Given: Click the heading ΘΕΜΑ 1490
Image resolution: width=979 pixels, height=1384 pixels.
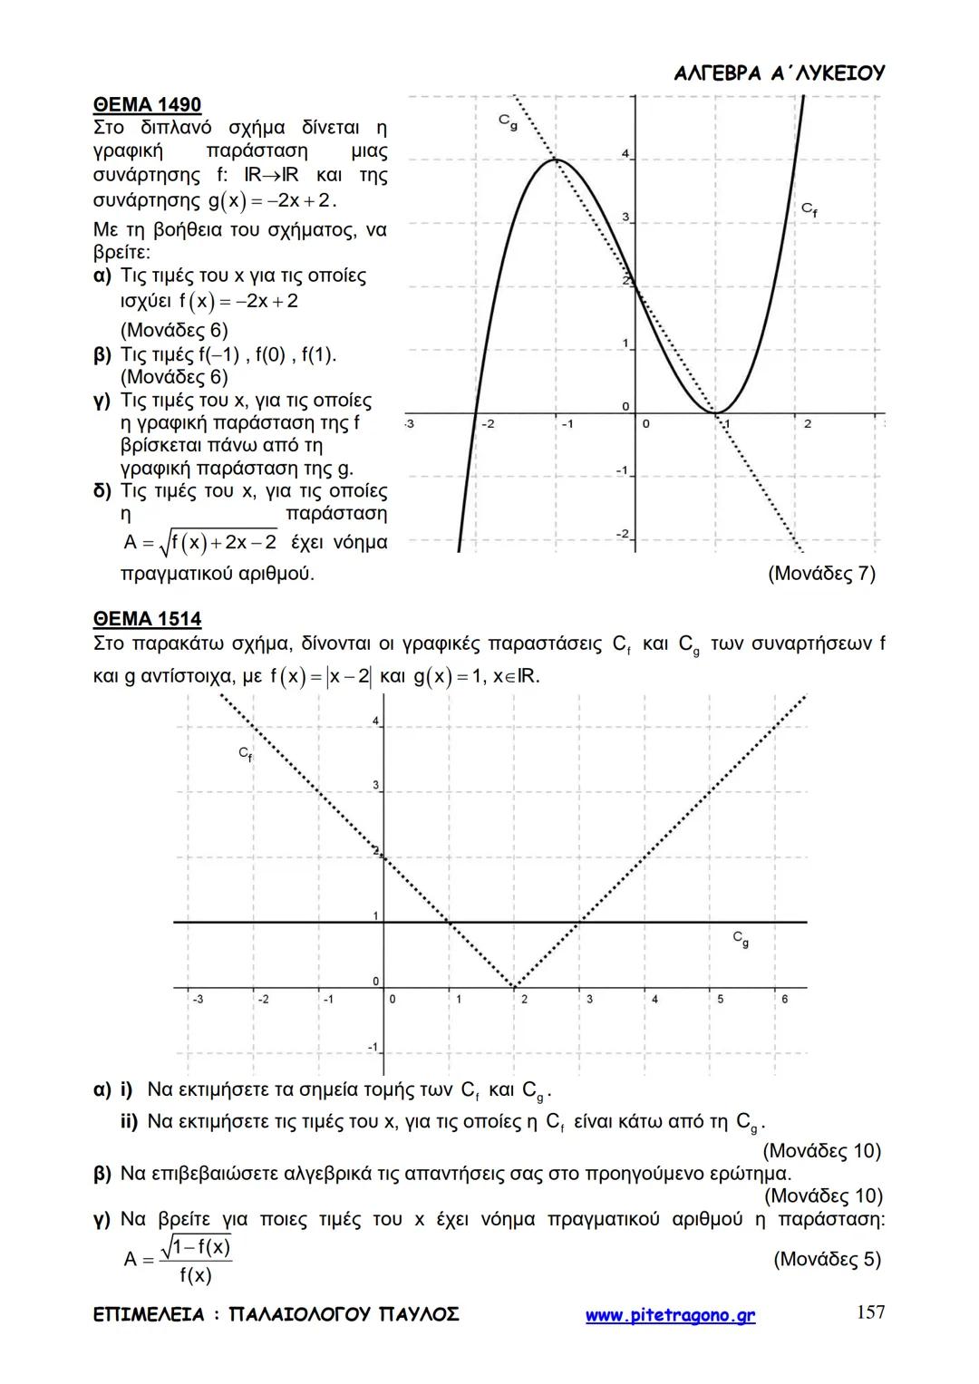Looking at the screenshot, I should tap(147, 105).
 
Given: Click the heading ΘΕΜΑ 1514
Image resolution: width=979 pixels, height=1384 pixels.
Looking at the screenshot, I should tap(147, 619).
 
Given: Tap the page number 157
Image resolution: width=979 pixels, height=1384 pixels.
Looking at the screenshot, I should tap(870, 1311).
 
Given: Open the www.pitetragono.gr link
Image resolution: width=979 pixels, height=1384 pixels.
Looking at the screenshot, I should tap(670, 1315).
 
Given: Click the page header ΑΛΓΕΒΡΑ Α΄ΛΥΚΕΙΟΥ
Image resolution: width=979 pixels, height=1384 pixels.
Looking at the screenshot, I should tap(780, 73).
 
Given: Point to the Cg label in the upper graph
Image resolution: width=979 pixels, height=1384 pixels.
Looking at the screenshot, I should tap(508, 121).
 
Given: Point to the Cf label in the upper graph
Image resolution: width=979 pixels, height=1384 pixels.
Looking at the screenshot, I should tap(809, 210).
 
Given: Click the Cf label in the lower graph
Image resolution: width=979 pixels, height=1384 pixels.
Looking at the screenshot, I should tap(245, 754).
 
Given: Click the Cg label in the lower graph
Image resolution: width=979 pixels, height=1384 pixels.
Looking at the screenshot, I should tap(741, 939).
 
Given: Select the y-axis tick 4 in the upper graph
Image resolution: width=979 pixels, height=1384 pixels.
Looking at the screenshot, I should tap(625, 155).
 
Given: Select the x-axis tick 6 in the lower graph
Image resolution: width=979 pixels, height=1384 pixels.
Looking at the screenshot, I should tap(784, 999).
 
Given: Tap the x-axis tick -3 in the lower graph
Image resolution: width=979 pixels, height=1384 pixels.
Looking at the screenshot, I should tap(197, 999).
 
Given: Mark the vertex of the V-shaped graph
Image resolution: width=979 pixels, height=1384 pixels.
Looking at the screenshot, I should tap(514, 986).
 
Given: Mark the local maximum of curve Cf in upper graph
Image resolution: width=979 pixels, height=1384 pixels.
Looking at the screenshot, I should tap(556, 160).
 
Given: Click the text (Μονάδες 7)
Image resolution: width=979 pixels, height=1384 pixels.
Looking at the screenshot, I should tap(821, 574).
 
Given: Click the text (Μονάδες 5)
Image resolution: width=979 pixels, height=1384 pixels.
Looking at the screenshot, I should tap(827, 1259).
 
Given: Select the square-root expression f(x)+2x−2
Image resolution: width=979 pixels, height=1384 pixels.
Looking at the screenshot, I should tap(218, 543).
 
